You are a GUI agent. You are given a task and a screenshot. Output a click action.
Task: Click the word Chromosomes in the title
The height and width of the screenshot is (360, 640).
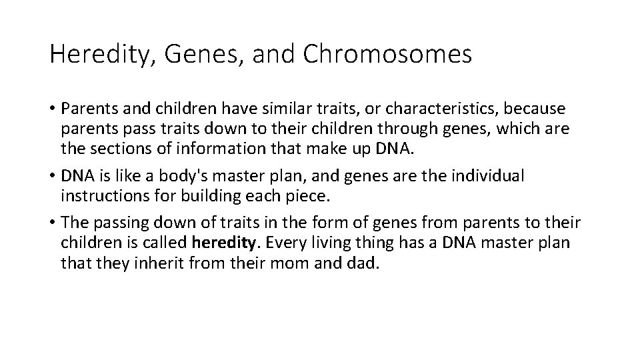click(387, 55)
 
